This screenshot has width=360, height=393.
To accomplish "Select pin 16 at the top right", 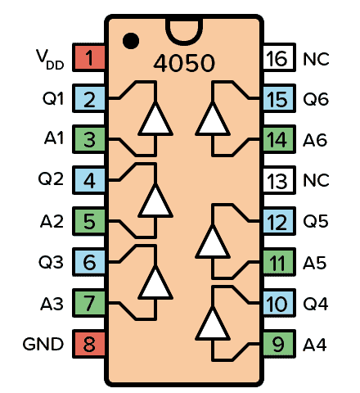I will tap(277, 58).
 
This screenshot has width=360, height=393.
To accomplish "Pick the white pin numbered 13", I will tap(277, 180).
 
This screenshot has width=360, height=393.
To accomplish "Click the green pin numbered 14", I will tap(277, 140).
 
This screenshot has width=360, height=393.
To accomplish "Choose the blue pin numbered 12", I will tap(277, 221).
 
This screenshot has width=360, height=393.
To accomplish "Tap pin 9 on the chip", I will tap(277, 344).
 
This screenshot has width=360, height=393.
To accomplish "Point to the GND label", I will tap(43, 344).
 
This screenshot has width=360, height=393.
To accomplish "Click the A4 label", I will tap(315, 344).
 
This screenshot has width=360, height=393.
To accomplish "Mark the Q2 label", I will tap(52, 180).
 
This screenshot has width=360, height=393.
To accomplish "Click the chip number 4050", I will tap(184, 65).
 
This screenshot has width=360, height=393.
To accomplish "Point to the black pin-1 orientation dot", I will tap(129, 39).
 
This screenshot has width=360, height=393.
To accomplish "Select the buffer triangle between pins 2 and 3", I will tap(155, 120).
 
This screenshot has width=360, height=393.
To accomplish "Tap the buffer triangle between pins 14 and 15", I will tap(214, 120).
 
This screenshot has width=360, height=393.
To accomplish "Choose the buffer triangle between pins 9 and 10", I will tap(214, 323).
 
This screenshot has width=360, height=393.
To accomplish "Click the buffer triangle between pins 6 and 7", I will tap(155, 282).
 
